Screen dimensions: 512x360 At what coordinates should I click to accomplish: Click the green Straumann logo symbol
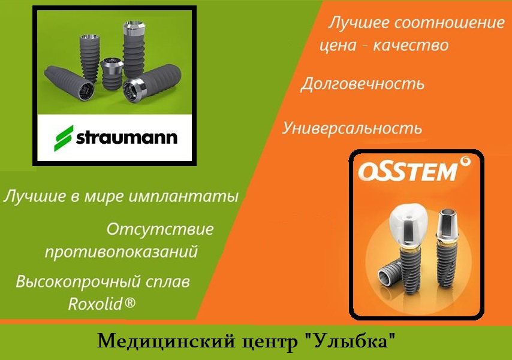[x=64, y=138]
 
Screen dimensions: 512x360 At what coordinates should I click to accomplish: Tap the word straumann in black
[x=127, y=137]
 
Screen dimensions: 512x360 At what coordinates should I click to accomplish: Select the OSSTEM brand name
[x=408, y=172]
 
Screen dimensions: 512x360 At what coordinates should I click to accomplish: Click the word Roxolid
[x=95, y=304]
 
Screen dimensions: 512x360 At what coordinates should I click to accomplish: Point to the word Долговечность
[x=362, y=84]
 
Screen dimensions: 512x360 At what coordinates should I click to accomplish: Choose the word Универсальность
[x=352, y=128]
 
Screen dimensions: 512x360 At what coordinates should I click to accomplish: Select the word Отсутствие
[x=160, y=229]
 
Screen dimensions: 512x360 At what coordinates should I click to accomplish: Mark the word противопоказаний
[x=121, y=252]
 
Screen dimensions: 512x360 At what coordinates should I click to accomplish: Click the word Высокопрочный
[x=78, y=282]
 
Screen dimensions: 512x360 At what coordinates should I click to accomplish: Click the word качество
[x=411, y=45]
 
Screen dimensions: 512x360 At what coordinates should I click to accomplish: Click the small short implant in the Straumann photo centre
[x=112, y=74]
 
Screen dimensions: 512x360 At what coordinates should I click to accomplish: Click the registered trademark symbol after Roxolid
[x=129, y=302]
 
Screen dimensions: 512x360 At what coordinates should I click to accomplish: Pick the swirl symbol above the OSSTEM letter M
[x=465, y=162]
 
